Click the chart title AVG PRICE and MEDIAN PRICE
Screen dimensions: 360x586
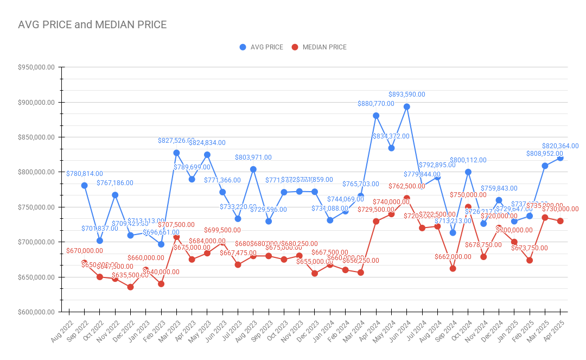(92, 24)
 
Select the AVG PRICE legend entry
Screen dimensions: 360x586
(261, 47)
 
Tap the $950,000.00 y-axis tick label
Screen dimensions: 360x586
(36, 67)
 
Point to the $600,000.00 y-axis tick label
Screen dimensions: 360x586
(36, 312)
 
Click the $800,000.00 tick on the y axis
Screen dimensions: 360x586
(36, 172)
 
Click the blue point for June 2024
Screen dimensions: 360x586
(406, 106)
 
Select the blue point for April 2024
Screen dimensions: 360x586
(376, 116)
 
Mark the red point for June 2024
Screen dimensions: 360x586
(406, 198)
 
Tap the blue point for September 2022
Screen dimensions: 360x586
(84, 185)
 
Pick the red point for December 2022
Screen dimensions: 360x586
(130, 287)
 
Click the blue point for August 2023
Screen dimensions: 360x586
(253, 169)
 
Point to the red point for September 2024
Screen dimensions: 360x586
(453, 268)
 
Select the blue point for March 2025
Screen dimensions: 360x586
(545, 166)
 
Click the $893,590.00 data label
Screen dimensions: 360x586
(406, 94)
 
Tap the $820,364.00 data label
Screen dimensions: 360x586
(560, 146)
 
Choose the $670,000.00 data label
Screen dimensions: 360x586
(84, 251)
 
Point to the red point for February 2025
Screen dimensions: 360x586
(530, 260)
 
